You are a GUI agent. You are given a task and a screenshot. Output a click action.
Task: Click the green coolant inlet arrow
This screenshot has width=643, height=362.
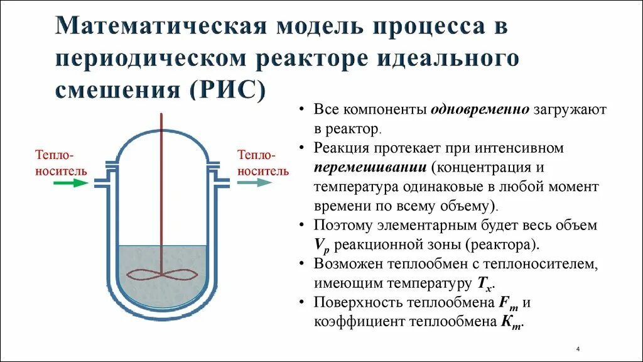[70, 183]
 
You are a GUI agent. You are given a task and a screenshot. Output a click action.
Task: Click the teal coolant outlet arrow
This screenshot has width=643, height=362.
[254, 182]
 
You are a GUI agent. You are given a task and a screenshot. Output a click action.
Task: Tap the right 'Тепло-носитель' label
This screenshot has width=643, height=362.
[262, 163]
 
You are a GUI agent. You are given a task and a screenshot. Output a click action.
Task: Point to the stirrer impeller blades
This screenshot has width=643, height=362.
[162, 275]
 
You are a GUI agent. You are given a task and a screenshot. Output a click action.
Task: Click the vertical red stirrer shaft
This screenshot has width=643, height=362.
[162, 189]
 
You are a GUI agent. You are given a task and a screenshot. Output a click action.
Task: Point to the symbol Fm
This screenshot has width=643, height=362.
[508, 303]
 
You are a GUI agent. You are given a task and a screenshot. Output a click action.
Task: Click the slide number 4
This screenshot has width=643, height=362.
[577, 349]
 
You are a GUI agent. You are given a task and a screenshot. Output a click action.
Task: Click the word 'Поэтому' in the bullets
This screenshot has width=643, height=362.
[342, 226]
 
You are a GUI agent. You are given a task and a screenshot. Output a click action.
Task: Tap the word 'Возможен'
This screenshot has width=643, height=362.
[346, 264]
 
